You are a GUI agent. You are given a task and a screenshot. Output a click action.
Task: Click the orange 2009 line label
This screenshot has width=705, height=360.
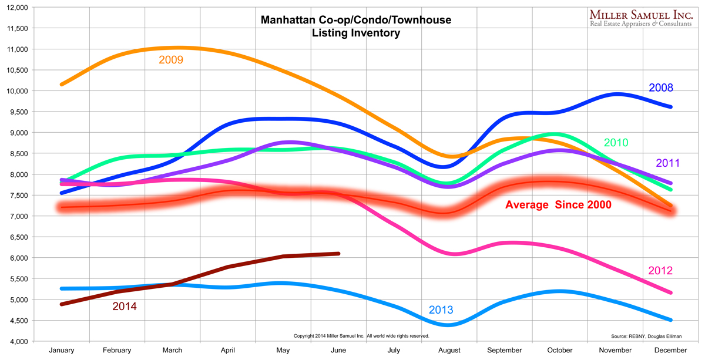(171, 60)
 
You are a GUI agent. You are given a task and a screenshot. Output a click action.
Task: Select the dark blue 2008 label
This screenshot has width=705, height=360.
(661, 88)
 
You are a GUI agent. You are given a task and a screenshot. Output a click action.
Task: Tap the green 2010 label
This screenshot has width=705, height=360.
(616, 143)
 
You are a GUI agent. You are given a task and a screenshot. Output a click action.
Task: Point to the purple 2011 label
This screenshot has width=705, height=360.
(668, 163)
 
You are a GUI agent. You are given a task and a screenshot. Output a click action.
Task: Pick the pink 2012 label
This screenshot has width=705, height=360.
(660, 271)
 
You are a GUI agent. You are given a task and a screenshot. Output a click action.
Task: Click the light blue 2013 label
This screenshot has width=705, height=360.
(441, 310)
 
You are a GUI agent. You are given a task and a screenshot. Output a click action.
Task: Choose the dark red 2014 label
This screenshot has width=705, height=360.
(125, 306)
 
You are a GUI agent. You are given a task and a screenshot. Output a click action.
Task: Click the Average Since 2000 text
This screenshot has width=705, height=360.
(558, 205)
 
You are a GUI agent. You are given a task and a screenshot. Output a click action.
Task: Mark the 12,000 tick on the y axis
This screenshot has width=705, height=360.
(16, 7)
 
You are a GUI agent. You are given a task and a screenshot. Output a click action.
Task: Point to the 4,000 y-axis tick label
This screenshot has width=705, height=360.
(18, 341)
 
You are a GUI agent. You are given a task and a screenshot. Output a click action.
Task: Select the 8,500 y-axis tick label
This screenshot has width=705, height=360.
(18, 153)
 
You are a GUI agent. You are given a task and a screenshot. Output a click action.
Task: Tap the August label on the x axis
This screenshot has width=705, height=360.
(449, 351)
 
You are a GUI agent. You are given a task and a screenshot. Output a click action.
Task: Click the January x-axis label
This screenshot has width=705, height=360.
(62, 351)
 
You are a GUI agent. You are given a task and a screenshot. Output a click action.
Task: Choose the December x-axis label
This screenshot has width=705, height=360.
(670, 351)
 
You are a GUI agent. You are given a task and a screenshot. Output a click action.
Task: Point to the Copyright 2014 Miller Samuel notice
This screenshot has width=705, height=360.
(361, 336)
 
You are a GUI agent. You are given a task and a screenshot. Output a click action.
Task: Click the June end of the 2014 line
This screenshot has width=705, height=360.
(338, 254)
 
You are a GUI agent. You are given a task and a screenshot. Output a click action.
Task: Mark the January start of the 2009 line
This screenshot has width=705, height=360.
(62, 85)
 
